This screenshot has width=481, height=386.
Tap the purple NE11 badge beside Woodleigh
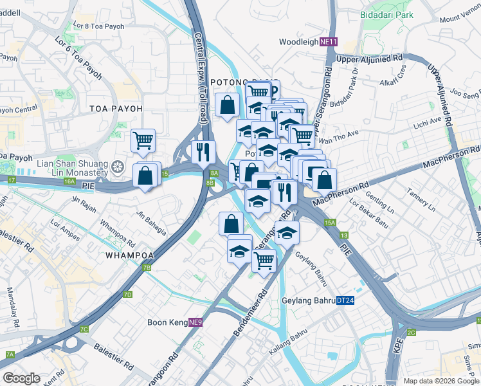click(328, 42)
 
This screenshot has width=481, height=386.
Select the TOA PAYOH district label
click(116, 109)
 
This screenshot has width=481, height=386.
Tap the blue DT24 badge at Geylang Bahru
click(345, 300)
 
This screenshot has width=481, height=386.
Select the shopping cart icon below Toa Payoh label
click(143, 140)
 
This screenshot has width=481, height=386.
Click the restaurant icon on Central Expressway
click(203, 152)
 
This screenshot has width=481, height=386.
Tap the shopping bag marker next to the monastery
click(146, 174)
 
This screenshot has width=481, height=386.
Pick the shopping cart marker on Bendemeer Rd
click(264, 261)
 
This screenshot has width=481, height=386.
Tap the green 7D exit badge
click(127, 295)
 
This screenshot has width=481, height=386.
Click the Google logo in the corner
click(22, 378)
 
